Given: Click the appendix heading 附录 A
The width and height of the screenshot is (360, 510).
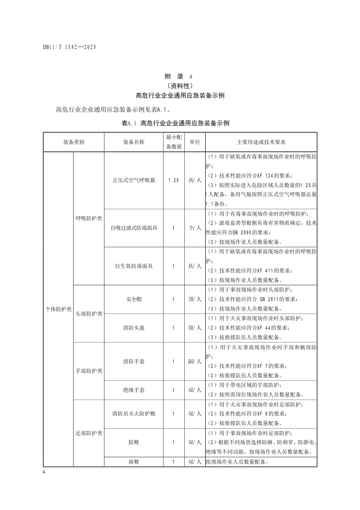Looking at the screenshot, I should point(180,77).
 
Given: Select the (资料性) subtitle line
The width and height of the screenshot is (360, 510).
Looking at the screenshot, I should point(180,86).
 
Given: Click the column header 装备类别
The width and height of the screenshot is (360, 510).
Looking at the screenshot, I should point(74,142).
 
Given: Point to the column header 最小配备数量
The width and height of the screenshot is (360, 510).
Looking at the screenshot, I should point(173,142).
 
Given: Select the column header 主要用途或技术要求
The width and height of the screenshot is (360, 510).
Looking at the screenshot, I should point(261,142).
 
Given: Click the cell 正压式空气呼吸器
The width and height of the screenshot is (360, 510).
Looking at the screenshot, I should point(134,180).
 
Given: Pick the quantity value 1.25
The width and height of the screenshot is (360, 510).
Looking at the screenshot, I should point(173,180).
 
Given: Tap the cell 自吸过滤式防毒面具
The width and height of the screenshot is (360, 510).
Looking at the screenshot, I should point(134,228).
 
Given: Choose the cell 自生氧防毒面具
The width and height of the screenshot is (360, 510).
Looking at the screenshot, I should point(134,266).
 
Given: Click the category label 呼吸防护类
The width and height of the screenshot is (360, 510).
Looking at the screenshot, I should point(89,218).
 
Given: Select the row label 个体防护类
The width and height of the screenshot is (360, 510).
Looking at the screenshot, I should point(58,309).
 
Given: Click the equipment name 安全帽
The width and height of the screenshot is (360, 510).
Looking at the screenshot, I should point(134,300).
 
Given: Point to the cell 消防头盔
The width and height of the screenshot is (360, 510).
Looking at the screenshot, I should point(134,328).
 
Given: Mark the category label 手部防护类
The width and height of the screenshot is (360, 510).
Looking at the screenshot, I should point(89,371).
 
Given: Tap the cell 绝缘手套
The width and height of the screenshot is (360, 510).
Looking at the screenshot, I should point(134,390).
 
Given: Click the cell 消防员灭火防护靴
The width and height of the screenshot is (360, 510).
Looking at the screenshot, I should point(134,414).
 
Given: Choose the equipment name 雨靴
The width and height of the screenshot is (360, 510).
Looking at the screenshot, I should point(134,462).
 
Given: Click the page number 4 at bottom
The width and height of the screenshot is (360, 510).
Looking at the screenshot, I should point(44,473).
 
